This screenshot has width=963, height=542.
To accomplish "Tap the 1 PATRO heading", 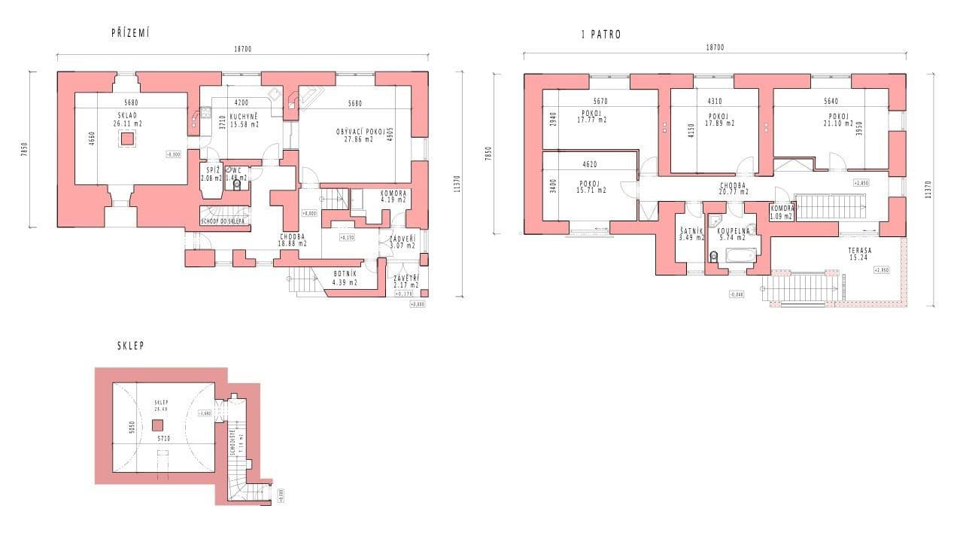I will pyautogui.click(x=601, y=35).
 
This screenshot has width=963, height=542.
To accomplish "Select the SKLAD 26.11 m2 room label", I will pyautogui.click(x=127, y=118).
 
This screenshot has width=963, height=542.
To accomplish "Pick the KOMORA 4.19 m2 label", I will pyautogui.click(x=393, y=196).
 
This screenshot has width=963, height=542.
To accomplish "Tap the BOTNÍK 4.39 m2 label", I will pyautogui.click(x=345, y=278).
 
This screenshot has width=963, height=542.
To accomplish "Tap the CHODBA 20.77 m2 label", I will pyautogui.click(x=733, y=187).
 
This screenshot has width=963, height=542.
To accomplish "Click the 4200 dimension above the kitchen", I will pyautogui.click(x=241, y=102).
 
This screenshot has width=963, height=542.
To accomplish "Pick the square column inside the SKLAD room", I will pyautogui.click(x=127, y=139).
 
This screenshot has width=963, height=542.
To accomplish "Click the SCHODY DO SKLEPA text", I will pyautogui.click(x=223, y=221).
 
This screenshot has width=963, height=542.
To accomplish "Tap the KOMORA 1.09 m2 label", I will pyautogui.click(x=782, y=213).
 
